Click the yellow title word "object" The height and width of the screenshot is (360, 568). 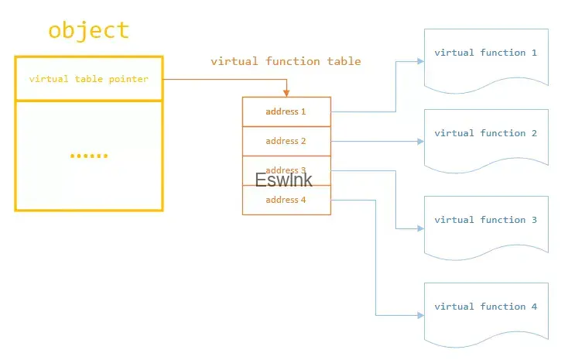[x=88, y=31]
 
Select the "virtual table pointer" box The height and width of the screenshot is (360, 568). [x=88, y=79]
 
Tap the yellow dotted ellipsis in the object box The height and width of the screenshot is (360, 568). [x=89, y=156]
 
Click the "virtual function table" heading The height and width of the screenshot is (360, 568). [x=286, y=61]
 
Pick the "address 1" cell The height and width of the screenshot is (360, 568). [x=286, y=111]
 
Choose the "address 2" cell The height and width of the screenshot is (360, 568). [x=286, y=141]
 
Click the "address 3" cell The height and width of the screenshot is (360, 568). [x=286, y=170]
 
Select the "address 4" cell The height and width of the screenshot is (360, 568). [x=286, y=200]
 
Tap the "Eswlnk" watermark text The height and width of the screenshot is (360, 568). [x=284, y=180]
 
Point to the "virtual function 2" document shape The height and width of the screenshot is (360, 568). [x=486, y=135]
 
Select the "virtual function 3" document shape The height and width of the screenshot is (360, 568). [x=486, y=222]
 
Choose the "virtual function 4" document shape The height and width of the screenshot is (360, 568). [x=486, y=309]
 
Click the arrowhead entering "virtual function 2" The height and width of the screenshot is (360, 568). [x=420, y=142]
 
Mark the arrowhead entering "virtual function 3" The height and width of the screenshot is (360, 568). [x=420, y=228]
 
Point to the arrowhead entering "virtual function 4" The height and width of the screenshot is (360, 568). [x=420, y=315]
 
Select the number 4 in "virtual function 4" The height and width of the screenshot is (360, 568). [x=534, y=307]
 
